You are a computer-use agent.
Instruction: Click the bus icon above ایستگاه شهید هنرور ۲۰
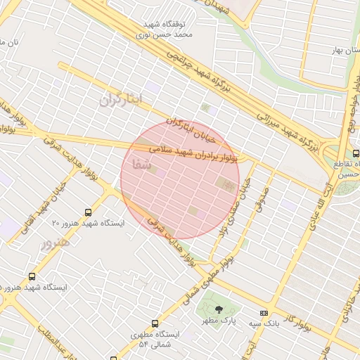pos(88,212)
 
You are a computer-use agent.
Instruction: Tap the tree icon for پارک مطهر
pos(219,309)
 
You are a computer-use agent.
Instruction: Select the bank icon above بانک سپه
pos(264,313)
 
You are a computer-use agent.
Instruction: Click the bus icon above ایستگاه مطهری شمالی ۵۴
pos(155,323)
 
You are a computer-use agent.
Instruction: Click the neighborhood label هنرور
pos(55,243)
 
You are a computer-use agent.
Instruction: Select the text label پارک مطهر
pos(217,321)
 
